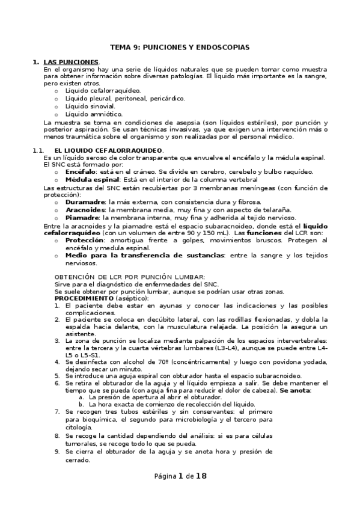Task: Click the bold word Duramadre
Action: (85, 202)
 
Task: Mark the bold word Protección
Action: (85, 240)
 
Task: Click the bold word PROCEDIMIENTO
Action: (84, 298)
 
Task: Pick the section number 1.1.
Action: (38, 150)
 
